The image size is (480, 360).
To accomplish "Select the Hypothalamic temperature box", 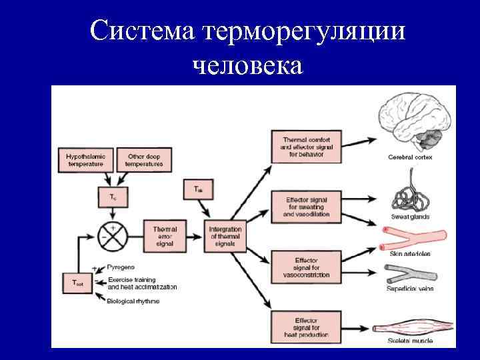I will coord(85,159).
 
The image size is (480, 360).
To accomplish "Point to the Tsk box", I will coord(199,189).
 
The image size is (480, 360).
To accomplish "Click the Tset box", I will coord(78,282).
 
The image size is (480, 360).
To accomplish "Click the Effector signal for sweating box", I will coord(307,207).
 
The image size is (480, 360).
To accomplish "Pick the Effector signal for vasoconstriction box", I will coord(307,267).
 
